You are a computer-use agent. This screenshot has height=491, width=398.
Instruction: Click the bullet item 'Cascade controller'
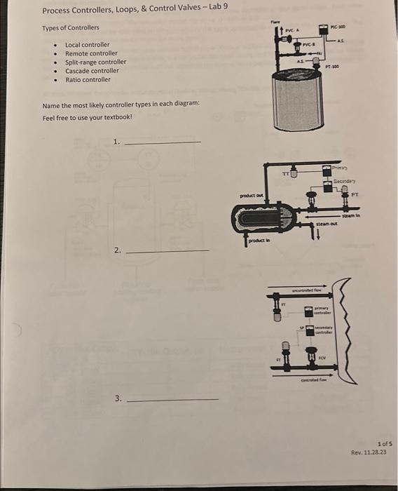[x=92, y=71]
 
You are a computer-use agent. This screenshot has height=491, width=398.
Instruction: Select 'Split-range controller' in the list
[x=95, y=62]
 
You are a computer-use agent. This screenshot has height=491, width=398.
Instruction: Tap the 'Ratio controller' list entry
[x=88, y=79]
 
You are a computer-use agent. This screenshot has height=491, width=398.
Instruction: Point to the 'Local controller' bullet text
[x=87, y=45]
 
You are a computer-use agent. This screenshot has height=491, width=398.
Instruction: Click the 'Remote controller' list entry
[x=91, y=53]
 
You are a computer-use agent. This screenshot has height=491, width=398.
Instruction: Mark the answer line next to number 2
[x=170, y=250]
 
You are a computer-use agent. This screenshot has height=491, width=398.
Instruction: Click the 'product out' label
[x=252, y=196]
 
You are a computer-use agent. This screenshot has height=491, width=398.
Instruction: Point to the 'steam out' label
[x=327, y=224]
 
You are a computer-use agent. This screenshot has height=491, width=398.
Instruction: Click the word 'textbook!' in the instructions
[x=118, y=117]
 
